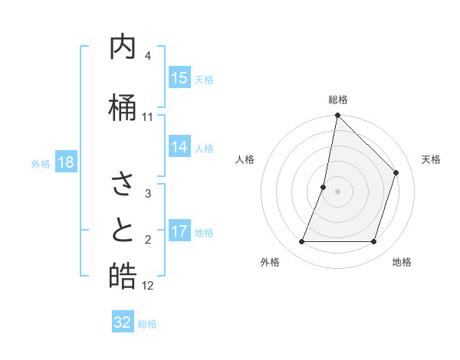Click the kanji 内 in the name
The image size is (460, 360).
pyautogui.click(x=123, y=48)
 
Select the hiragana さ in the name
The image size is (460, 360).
pyautogui.click(x=123, y=184)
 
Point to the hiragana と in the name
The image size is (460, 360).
pyautogui.click(x=123, y=230)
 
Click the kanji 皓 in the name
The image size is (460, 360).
pyautogui.click(x=123, y=276)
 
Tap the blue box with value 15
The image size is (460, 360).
pyautogui.click(x=179, y=78)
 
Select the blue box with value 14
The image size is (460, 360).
pyautogui.click(x=179, y=147)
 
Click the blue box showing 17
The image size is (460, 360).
pyautogui.click(x=179, y=231)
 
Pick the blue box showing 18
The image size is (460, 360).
pyautogui.click(x=65, y=162)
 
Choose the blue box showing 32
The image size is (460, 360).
pyautogui.click(x=123, y=322)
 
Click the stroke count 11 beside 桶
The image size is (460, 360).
pyautogui.click(x=148, y=116)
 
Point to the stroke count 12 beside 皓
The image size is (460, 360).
pyautogui.click(x=148, y=286)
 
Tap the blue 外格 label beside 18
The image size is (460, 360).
pyautogui.click(x=41, y=163)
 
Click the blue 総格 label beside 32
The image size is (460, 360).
pyautogui.click(x=147, y=323)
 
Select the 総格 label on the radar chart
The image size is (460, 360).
pyautogui.click(x=338, y=100)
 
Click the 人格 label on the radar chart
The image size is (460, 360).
pyautogui.click(x=245, y=159)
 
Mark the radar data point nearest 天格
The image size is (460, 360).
pyautogui.click(x=396, y=172)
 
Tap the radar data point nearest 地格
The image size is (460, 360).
pyautogui.click(x=373, y=242)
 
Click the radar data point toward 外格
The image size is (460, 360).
pyautogui.click(x=301, y=242)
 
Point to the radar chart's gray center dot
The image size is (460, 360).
pyautogui.click(x=337, y=191)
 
